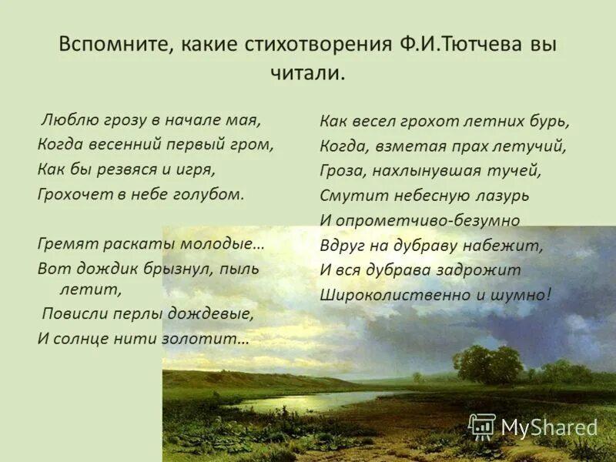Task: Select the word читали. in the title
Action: (307, 73)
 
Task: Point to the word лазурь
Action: (501, 196)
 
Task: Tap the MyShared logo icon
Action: (482, 427)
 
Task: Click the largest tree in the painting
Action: (487, 363)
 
